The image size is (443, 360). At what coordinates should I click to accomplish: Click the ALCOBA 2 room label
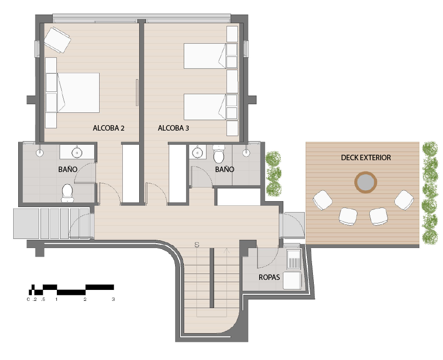[x=109, y=128]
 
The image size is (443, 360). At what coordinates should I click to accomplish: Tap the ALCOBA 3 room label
[x=173, y=128]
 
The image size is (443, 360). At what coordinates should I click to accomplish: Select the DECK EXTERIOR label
[x=366, y=157]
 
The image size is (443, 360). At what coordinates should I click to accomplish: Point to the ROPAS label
[x=269, y=277]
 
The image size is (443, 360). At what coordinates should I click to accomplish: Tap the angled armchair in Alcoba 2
[x=57, y=40]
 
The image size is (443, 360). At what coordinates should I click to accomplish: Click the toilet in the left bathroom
[x=67, y=193]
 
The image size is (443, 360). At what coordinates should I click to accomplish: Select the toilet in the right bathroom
[x=218, y=154]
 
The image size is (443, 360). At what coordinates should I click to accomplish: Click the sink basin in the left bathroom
[x=76, y=153]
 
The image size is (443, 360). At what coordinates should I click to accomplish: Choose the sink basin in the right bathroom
[x=197, y=152]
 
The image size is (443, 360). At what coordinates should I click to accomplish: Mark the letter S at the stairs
[x=197, y=245]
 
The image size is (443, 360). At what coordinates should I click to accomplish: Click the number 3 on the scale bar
[x=113, y=299]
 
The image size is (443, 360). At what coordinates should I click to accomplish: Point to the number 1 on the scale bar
[x=57, y=299]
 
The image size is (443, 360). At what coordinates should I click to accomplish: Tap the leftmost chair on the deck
[x=322, y=200]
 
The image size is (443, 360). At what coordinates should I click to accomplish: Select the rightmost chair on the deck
[x=404, y=200]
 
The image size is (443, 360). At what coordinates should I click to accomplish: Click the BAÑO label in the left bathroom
[x=68, y=169]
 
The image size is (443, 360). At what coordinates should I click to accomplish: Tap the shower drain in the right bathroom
[x=247, y=153]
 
